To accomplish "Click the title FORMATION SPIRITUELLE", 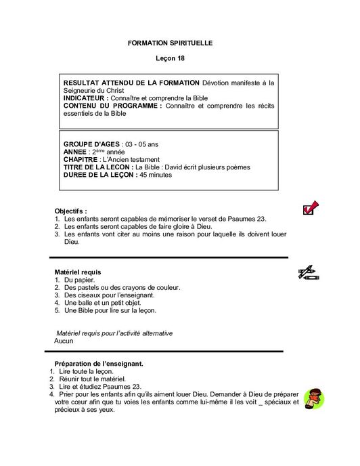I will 170,43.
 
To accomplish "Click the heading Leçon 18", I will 170,60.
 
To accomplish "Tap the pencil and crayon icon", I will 308,273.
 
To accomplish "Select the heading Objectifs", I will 70,211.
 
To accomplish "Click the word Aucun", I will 64,341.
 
